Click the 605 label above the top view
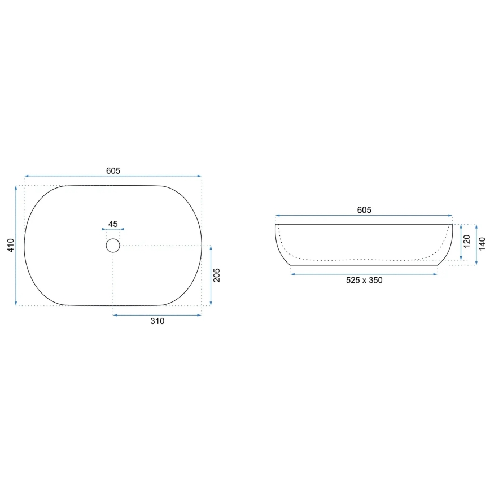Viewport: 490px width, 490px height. point(113,170)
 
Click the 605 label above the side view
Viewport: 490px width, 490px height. point(364,210)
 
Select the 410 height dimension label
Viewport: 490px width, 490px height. point(11,246)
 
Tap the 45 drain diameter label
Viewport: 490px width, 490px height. point(113,224)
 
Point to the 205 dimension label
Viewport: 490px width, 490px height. point(217,275)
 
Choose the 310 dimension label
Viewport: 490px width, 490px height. point(157,321)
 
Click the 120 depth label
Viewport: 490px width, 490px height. point(467,243)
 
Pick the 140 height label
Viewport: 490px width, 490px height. point(482,244)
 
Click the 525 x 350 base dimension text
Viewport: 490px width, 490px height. point(364,280)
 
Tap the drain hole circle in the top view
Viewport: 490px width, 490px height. point(113,245)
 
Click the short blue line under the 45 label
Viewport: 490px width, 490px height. point(113,229)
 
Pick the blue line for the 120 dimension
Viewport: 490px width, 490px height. point(462,243)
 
